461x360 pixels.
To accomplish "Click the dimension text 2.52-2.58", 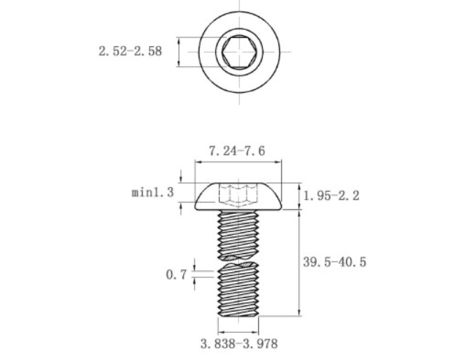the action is [x=130, y=51].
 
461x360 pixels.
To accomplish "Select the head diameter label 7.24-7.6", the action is [x=237, y=151].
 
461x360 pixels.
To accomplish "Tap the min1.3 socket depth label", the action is [x=153, y=192].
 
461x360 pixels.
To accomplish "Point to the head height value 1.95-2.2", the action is [x=331, y=195].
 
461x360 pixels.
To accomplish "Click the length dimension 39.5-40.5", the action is [x=335, y=262].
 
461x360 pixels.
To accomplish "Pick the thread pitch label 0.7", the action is [x=176, y=275].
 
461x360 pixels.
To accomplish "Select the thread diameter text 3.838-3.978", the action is [x=239, y=344].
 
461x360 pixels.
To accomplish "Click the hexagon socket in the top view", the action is [x=239, y=52].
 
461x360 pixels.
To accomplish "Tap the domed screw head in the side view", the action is [x=238, y=196].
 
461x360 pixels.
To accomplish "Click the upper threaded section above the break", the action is [x=238, y=234].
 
